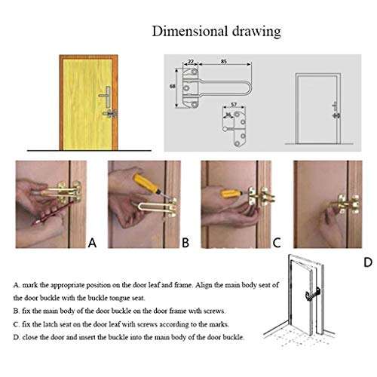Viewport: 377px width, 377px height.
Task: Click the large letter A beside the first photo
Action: point(93,243)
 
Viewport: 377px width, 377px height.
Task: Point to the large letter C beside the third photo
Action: point(277,243)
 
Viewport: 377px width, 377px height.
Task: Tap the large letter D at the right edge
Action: point(368,263)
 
